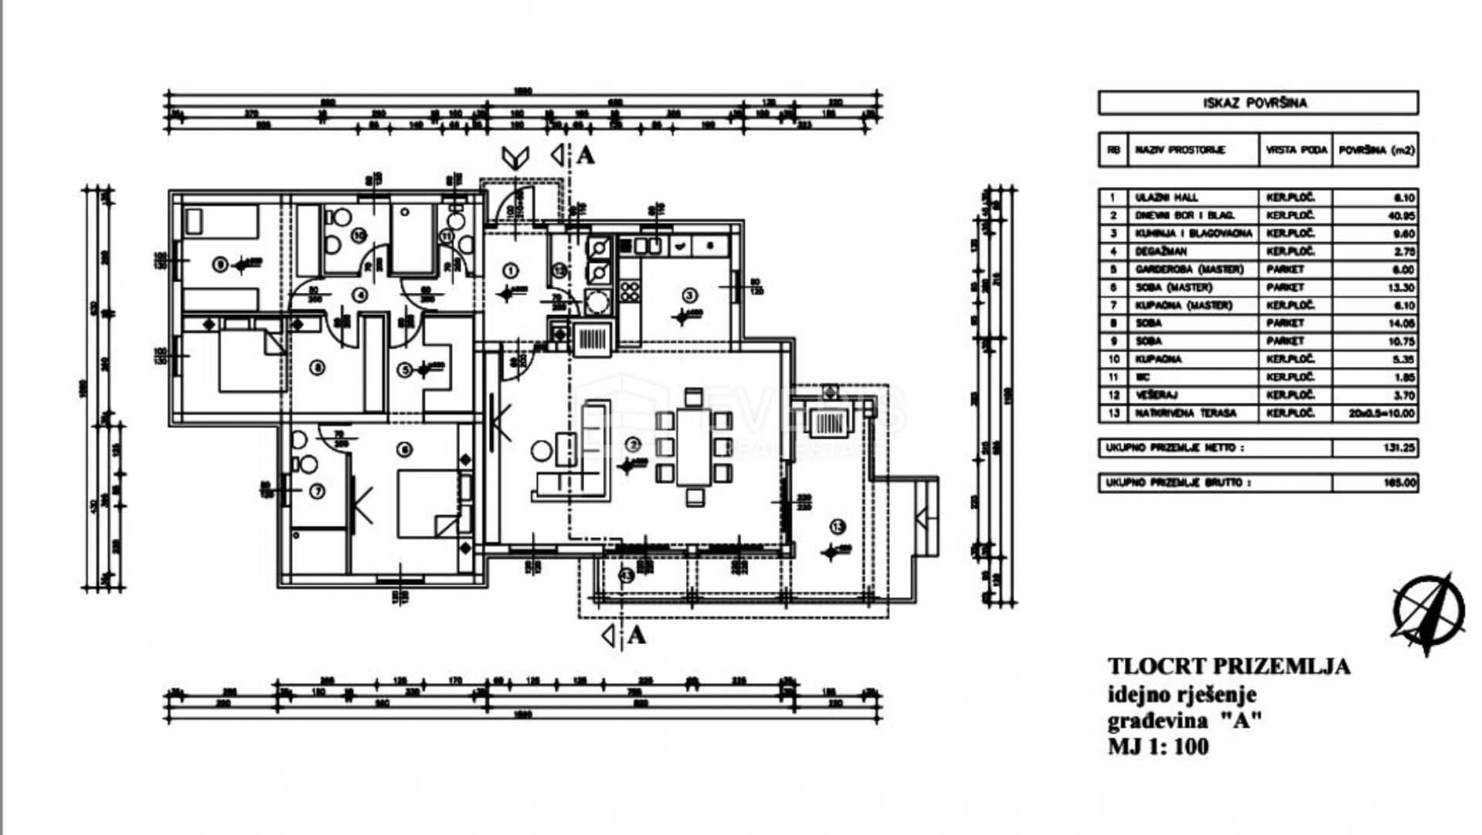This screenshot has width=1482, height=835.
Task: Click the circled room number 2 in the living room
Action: click(634, 445)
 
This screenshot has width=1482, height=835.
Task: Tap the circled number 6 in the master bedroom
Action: click(404, 449)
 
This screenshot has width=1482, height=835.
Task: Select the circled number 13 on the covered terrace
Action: click(838, 527)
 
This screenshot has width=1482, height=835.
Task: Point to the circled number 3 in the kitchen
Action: click(689, 295)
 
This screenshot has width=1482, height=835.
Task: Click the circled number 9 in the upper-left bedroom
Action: click(220, 265)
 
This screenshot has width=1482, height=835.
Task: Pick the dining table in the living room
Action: click(694, 448)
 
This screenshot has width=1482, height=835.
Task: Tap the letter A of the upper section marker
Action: click(586, 155)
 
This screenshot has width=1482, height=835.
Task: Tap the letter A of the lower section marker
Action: click(636, 636)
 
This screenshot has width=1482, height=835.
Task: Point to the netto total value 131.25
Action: click(1399, 448)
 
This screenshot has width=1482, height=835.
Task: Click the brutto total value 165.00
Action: click(1399, 483)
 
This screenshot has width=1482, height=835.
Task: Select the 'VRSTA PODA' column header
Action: click(1296, 150)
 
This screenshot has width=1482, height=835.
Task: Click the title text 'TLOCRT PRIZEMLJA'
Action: click(1229, 666)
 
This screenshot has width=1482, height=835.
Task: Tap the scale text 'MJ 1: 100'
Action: click(1157, 747)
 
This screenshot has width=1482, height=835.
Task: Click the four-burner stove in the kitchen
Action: click(630, 291)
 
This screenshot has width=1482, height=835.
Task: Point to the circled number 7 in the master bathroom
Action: click(317, 491)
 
